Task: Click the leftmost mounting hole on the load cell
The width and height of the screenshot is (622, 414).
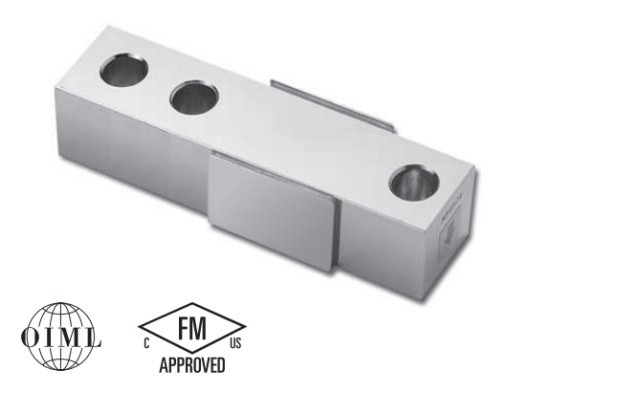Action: click(123, 71)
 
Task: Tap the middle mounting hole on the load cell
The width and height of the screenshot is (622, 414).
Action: click(194, 98)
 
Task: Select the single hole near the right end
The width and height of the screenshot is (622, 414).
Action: click(414, 182)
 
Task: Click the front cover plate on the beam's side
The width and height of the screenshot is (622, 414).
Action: click(276, 213)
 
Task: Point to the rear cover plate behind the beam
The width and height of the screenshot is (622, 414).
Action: click(332, 106)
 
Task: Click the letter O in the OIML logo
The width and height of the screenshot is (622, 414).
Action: click(31, 338)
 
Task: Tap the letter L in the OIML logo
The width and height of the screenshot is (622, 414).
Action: click(93, 338)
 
